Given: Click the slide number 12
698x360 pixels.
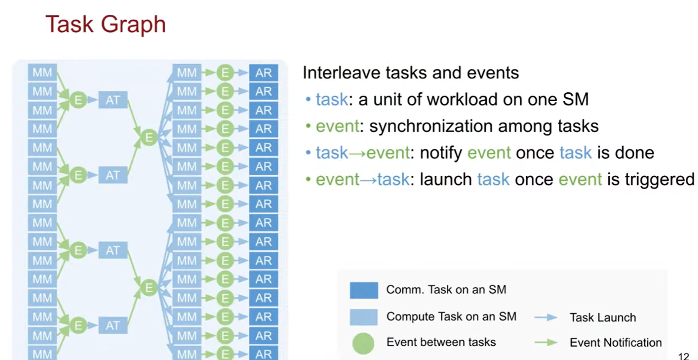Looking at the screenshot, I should point(683,356).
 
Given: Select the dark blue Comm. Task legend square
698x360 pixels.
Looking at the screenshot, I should point(364,290).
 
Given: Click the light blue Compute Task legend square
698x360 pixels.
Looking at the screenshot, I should point(364,317).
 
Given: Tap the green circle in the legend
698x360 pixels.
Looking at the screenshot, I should point(363,343).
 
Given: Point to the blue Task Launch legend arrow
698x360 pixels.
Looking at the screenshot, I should point(546,318).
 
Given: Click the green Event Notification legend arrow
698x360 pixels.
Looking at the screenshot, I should point(546,343).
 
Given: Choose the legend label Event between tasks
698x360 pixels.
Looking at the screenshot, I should point(441,342).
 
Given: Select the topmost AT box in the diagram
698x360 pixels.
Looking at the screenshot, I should point(113,100).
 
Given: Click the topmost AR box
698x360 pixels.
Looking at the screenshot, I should point(264,73).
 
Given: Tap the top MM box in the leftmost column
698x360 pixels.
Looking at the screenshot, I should point(42,72).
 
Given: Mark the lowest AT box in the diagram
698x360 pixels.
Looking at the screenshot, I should point(113,325).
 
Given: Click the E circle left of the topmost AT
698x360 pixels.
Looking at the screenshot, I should point(78,100).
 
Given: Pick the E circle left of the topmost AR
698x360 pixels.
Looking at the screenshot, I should point(225,73).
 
